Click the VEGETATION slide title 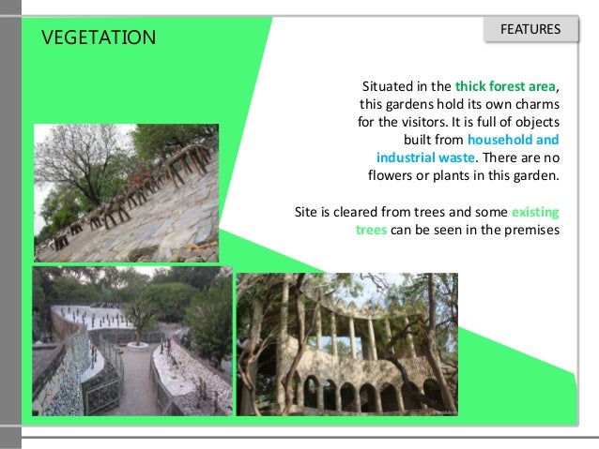click(100, 37)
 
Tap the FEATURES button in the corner click(530, 30)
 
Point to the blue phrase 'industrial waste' click(425, 157)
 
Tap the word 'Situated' click(392, 87)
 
